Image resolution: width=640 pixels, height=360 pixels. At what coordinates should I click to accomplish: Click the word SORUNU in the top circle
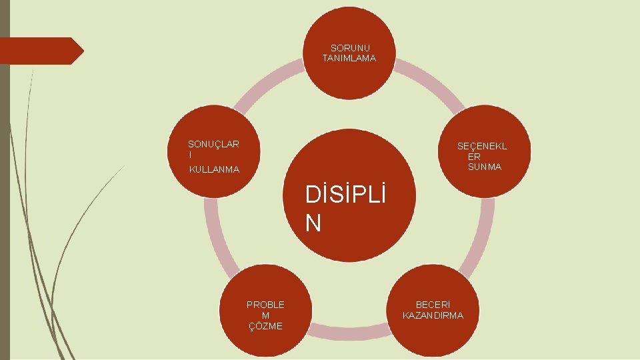(350, 48)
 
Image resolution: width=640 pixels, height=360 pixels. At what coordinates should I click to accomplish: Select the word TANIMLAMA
(349, 59)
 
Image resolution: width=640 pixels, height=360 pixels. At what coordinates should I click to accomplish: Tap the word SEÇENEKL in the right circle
(482, 146)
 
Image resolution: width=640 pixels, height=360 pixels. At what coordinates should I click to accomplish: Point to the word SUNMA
(485, 167)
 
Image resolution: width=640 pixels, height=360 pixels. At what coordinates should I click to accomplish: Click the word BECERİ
(433, 305)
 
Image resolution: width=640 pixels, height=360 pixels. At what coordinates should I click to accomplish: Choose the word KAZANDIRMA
(433, 315)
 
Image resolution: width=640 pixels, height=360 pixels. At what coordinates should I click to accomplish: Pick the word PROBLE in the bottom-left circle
(265, 305)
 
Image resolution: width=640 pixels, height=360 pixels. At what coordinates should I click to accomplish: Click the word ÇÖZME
(265, 326)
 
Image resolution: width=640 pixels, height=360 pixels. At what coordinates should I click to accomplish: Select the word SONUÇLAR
(213, 143)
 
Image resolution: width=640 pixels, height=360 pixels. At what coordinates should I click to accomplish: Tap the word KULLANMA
(214, 170)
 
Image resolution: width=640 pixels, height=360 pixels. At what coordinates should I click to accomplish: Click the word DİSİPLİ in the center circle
(345, 196)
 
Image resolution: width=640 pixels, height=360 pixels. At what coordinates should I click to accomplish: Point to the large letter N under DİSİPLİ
(313, 223)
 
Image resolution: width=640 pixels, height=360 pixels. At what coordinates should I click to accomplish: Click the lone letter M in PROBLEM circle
(265, 315)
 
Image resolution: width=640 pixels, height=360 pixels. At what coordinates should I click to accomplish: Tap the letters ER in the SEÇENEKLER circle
(474, 157)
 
